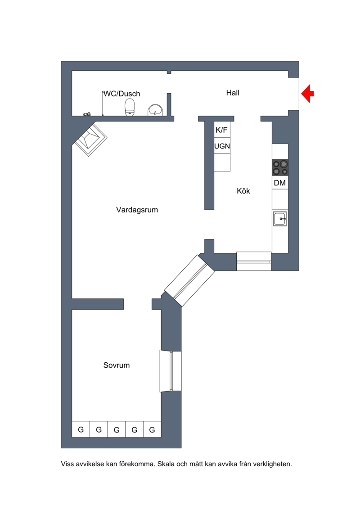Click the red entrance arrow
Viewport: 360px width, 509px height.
(307, 94)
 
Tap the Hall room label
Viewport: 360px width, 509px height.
(233, 93)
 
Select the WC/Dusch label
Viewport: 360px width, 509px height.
(122, 94)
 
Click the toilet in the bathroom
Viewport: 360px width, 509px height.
(130, 107)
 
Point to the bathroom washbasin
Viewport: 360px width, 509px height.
(156, 110)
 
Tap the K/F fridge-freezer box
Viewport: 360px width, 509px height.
(222, 130)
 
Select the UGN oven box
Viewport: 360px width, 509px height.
(222, 146)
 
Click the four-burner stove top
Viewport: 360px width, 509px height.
(280, 167)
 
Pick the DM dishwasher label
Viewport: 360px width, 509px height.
(280, 183)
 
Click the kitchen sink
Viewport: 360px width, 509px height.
(280, 218)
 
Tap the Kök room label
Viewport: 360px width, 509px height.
(243, 191)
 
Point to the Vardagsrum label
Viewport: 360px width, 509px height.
(137, 210)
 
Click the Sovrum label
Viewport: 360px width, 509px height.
(117, 365)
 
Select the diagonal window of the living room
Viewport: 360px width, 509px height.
(189, 281)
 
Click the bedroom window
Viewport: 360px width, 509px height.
(171, 371)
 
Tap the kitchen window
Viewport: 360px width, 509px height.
(254, 261)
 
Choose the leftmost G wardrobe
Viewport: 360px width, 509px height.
(81, 429)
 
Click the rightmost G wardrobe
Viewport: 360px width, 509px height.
(152, 429)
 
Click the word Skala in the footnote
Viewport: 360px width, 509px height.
(166, 464)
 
